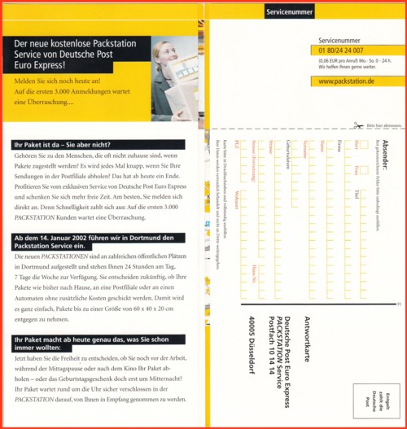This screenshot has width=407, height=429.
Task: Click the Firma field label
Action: tap(339, 146)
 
